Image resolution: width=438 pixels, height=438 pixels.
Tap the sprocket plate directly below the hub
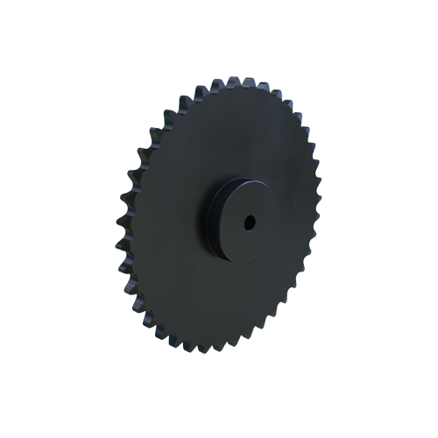(x=219, y=298)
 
